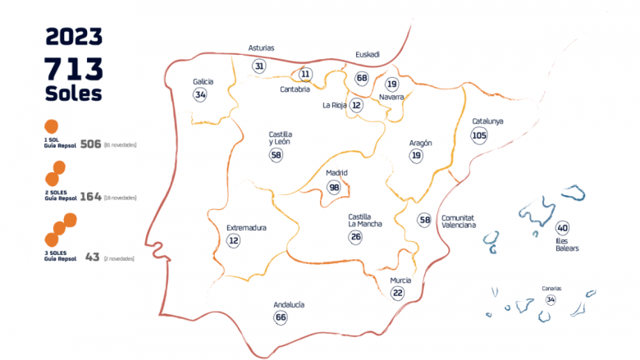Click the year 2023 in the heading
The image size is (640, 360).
pos(74,36)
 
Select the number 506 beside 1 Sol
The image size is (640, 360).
pos(90,144)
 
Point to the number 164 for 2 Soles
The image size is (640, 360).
pos(90,197)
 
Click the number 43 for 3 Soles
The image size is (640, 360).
pos(92,257)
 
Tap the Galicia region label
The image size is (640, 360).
pos(203,82)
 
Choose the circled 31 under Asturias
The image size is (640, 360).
pos(259,66)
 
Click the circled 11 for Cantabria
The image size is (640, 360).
pos(306,74)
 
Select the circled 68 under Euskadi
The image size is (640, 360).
pos(362,78)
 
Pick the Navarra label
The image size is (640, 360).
pos(391,97)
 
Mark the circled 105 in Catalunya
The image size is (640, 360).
pos(479,135)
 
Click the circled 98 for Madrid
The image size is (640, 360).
pos(334,187)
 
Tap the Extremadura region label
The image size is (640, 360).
pos(245,227)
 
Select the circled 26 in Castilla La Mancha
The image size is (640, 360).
pos(355,237)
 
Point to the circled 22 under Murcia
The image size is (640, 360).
pos(398,293)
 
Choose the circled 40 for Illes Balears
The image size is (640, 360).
pos(562,228)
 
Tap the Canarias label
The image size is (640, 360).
pos(551,289)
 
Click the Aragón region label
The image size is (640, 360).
pos(420,143)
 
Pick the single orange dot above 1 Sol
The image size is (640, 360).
pos(51,127)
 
